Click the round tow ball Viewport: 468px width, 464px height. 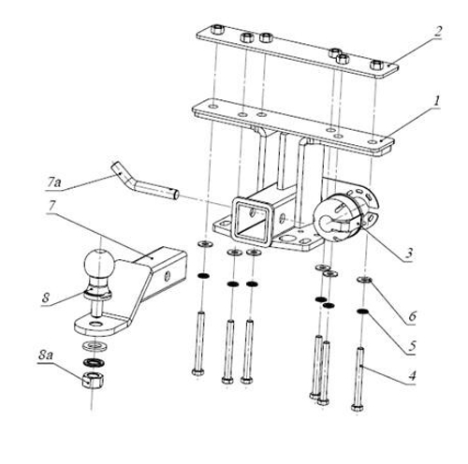tap(97, 263)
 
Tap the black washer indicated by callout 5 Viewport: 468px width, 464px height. tap(362, 312)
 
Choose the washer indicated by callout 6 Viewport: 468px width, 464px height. tap(363, 281)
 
